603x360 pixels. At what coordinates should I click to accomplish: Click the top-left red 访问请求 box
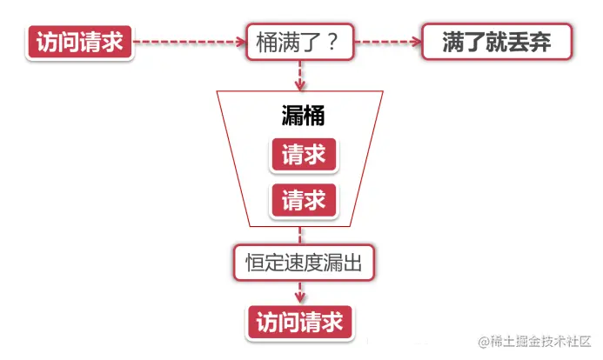(x=80, y=42)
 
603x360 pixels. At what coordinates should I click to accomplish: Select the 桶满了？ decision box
(x=298, y=42)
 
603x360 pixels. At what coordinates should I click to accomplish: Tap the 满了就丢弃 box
(x=496, y=42)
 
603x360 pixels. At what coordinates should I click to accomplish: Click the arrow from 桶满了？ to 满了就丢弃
(x=388, y=41)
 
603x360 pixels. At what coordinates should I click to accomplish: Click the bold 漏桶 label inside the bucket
(x=303, y=116)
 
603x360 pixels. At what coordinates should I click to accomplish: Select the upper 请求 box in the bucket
(x=304, y=154)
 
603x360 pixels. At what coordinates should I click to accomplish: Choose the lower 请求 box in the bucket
(x=304, y=201)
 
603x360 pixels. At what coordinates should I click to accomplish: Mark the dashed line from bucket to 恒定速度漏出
(x=300, y=233)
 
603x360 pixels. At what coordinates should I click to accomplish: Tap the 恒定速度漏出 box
(x=304, y=262)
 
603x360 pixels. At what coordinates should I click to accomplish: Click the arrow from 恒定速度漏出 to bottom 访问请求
(x=300, y=292)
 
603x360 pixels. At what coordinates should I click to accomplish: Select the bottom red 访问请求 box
(x=300, y=322)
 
